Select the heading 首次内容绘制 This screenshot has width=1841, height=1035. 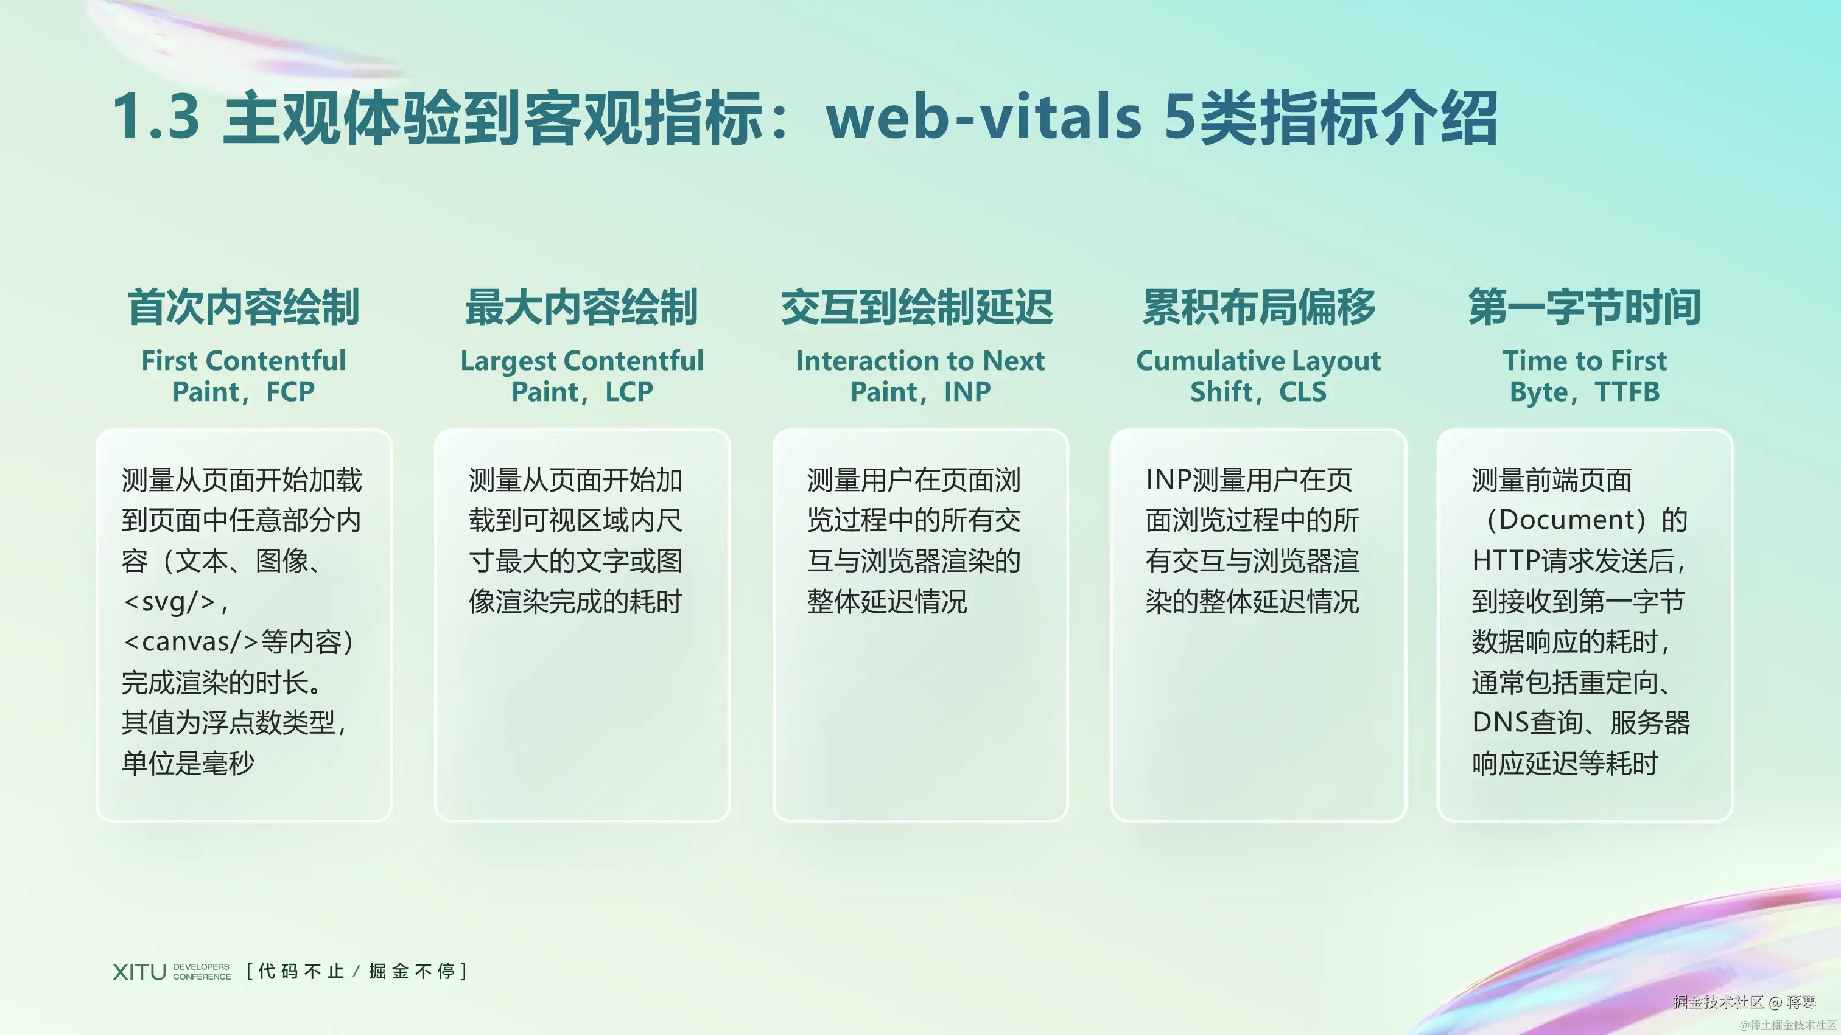[x=244, y=307]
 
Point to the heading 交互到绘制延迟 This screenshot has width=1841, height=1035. [x=917, y=307]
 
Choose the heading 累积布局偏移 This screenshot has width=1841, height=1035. [x=1258, y=307]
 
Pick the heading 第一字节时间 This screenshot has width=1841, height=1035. [x=1585, y=307]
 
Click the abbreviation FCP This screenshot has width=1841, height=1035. [x=291, y=391]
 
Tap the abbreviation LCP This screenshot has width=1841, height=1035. [x=629, y=391]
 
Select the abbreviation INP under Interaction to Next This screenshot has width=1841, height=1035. [x=967, y=391]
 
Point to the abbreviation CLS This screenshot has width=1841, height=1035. [x=1303, y=391]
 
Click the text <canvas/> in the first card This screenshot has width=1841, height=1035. [x=190, y=642]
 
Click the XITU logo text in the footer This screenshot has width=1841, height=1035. [x=139, y=972]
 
